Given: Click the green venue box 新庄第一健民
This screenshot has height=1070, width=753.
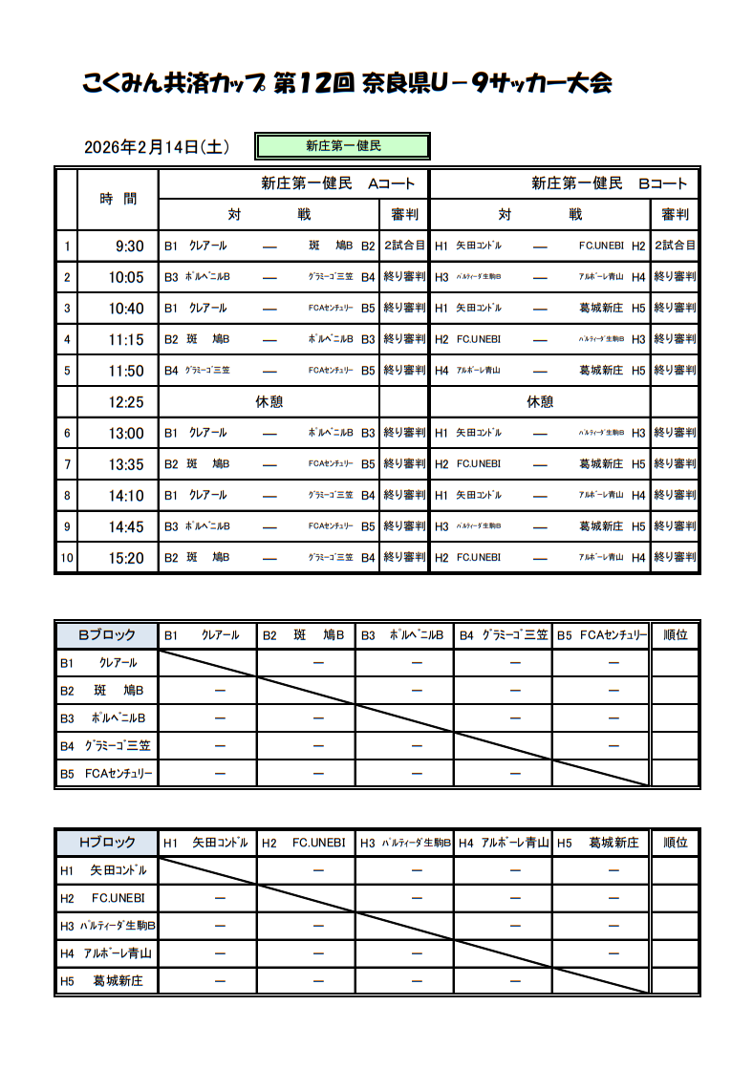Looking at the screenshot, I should (x=342, y=146).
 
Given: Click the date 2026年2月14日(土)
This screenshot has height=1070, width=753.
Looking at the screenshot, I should (x=156, y=147).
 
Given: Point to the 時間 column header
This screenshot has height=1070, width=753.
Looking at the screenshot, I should (x=118, y=199).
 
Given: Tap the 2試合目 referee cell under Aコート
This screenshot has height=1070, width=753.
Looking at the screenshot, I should (x=404, y=246).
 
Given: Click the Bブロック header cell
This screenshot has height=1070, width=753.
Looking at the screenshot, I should (x=106, y=634).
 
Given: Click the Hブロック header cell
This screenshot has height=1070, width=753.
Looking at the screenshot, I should (x=106, y=843).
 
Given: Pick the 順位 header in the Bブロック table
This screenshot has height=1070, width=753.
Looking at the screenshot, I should (x=675, y=634).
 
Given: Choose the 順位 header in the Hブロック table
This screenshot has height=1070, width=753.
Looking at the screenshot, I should (x=675, y=843).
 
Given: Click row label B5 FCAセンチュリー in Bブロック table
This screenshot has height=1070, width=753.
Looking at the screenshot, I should (x=106, y=774).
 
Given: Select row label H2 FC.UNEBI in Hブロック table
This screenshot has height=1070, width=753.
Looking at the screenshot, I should (x=106, y=898).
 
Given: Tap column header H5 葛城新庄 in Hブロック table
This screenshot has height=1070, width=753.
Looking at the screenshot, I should (x=600, y=843).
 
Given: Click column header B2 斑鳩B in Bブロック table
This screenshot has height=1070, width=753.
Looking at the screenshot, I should (x=306, y=634).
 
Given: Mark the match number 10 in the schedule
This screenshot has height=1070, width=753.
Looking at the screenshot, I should (x=67, y=558).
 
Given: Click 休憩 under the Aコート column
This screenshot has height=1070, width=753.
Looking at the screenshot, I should (x=269, y=402).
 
